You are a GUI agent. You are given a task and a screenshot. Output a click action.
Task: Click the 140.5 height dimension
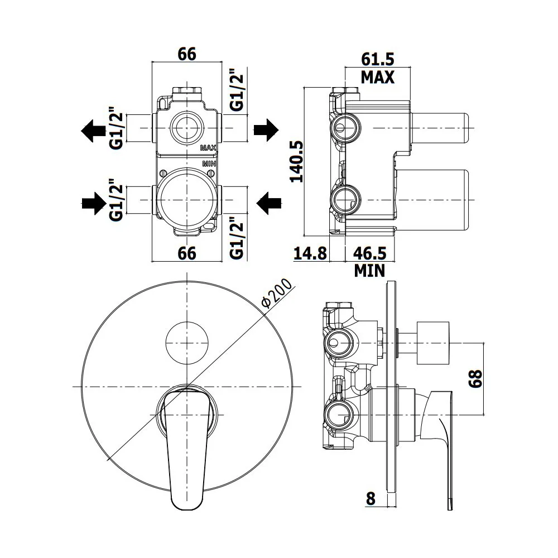(296, 161)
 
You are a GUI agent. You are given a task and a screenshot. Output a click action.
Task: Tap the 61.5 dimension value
(378, 59)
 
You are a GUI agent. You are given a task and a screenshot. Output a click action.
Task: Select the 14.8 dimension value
(310, 253)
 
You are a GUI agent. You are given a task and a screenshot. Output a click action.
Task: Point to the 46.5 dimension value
(370, 253)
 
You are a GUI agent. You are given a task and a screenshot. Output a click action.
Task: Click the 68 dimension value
(475, 378)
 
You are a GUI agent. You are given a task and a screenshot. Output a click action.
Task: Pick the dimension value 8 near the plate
(371, 498)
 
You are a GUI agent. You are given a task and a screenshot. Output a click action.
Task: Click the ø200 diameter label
(277, 293)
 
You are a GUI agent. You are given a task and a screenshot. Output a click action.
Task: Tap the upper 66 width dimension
(187, 54)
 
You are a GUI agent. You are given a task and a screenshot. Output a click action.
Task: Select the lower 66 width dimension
(187, 253)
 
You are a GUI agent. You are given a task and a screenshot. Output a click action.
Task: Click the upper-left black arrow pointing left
(94, 131)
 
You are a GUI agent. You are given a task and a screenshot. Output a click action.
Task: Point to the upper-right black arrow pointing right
(266, 130)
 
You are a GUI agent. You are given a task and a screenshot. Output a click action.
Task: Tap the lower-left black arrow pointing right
(94, 204)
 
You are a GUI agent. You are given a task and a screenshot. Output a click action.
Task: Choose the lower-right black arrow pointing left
(269, 204)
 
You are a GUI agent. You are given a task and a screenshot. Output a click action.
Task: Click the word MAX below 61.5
(378, 77)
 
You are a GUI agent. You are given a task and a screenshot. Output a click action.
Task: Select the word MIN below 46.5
(370, 271)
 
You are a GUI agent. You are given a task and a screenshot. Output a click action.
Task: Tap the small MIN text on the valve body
(209, 163)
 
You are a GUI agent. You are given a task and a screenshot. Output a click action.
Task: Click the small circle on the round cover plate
(187, 343)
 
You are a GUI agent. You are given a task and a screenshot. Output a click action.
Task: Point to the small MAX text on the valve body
(208, 148)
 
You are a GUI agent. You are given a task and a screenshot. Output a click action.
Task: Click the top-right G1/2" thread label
(237, 90)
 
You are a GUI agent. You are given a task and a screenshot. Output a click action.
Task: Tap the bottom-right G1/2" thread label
(237, 238)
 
